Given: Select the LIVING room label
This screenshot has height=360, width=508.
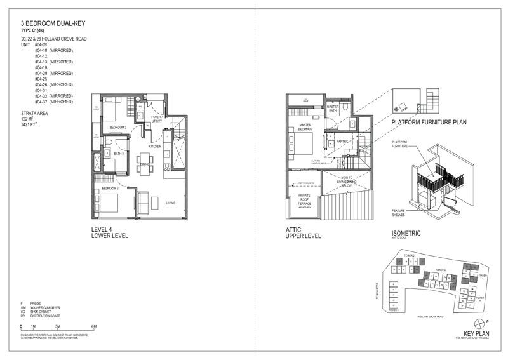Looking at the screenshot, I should click(171, 203).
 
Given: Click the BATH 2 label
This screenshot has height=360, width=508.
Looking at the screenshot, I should click(119, 154).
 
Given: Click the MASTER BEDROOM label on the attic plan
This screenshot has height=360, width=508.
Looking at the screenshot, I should click(300, 127).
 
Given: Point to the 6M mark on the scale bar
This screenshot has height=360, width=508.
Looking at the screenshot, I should click(93, 327).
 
